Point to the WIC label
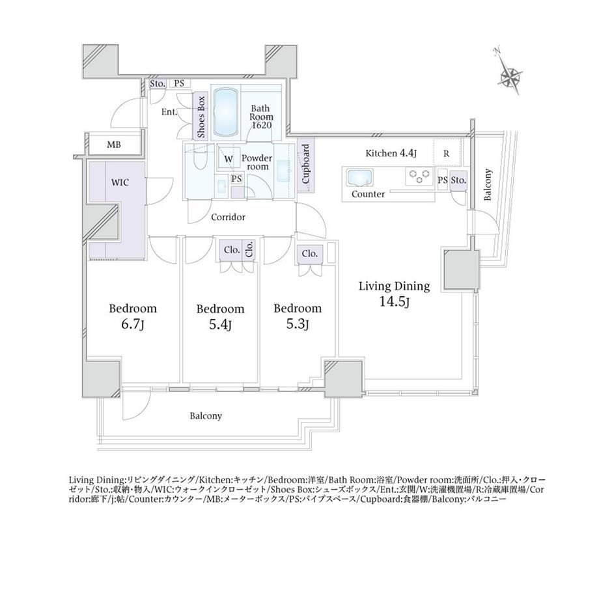(x=120, y=182)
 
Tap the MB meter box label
(x=114, y=145)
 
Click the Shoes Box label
(x=201, y=117)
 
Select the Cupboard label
(x=306, y=163)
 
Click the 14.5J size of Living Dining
(x=395, y=302)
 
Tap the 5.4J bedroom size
(x=220, y=325)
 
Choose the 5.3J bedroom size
(x=298, y=324)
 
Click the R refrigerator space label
(x=446, y=154)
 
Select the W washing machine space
(x=229, y=159)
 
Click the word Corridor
(x=228, y=217)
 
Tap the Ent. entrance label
(x=169, y=112)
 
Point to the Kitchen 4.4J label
(x=391, y=154)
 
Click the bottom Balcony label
(x=206, y=415)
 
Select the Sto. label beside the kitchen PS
(x=458, y=180)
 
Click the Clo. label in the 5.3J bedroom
(x=309, y=253)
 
